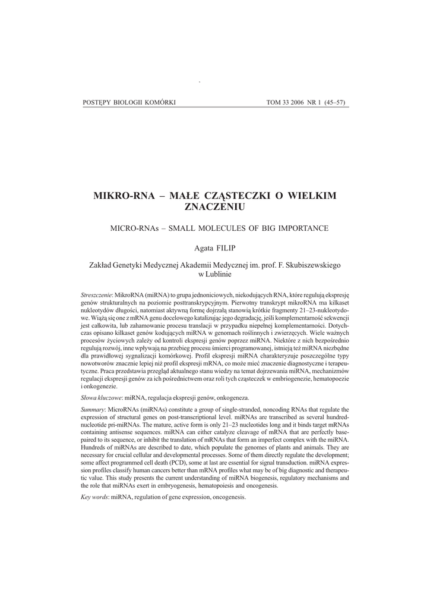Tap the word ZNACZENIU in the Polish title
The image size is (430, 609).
click(215, 207)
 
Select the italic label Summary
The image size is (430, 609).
click(92, 410)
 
